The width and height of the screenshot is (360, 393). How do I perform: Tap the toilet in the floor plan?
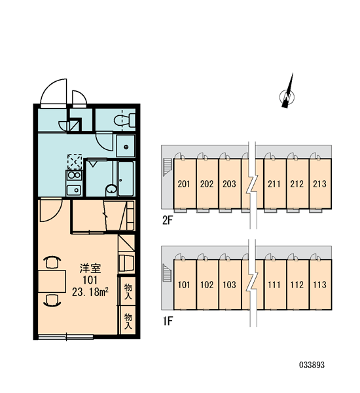[x=124, y=120]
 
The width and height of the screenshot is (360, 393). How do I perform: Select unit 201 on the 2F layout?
[x=184, y=184]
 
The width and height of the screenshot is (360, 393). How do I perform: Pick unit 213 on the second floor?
[x=319, y=184]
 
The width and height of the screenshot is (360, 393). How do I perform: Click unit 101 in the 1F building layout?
[x=184, y=285]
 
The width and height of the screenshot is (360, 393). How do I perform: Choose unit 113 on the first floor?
[x=319, y=285]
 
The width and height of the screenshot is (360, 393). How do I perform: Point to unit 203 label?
[x=229, y=184]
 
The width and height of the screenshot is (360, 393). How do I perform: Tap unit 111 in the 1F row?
[x=274, y=285]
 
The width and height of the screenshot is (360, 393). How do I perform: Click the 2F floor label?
[x=168, y=221]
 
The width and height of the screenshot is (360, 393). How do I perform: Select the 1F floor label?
[x=168, y=321]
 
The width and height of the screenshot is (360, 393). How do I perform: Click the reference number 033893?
[x=312, y=365]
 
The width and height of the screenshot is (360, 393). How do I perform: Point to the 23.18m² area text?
[x=90, y=291]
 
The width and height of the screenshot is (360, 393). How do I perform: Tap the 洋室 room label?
[x=90, y=269]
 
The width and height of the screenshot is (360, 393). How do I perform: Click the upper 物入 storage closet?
[x=128, y=291]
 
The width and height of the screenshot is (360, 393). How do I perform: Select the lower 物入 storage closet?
[x=128, y=320]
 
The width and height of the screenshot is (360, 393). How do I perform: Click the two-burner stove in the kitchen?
[x=74, y=175]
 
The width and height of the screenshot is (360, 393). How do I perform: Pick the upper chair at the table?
[x=52, y=262]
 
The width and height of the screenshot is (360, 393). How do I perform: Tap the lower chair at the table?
[x=52, y=300]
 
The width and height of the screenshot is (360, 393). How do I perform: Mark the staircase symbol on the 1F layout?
[x=167, y=272]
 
